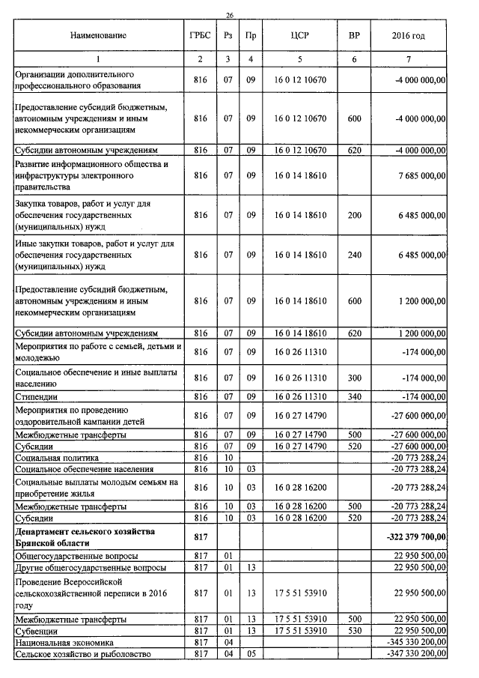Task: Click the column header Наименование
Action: click(99, 35)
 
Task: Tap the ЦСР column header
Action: click(299, 35)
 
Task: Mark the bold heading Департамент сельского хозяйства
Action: click(84, 531)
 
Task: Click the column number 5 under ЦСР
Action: click(299, 58)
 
